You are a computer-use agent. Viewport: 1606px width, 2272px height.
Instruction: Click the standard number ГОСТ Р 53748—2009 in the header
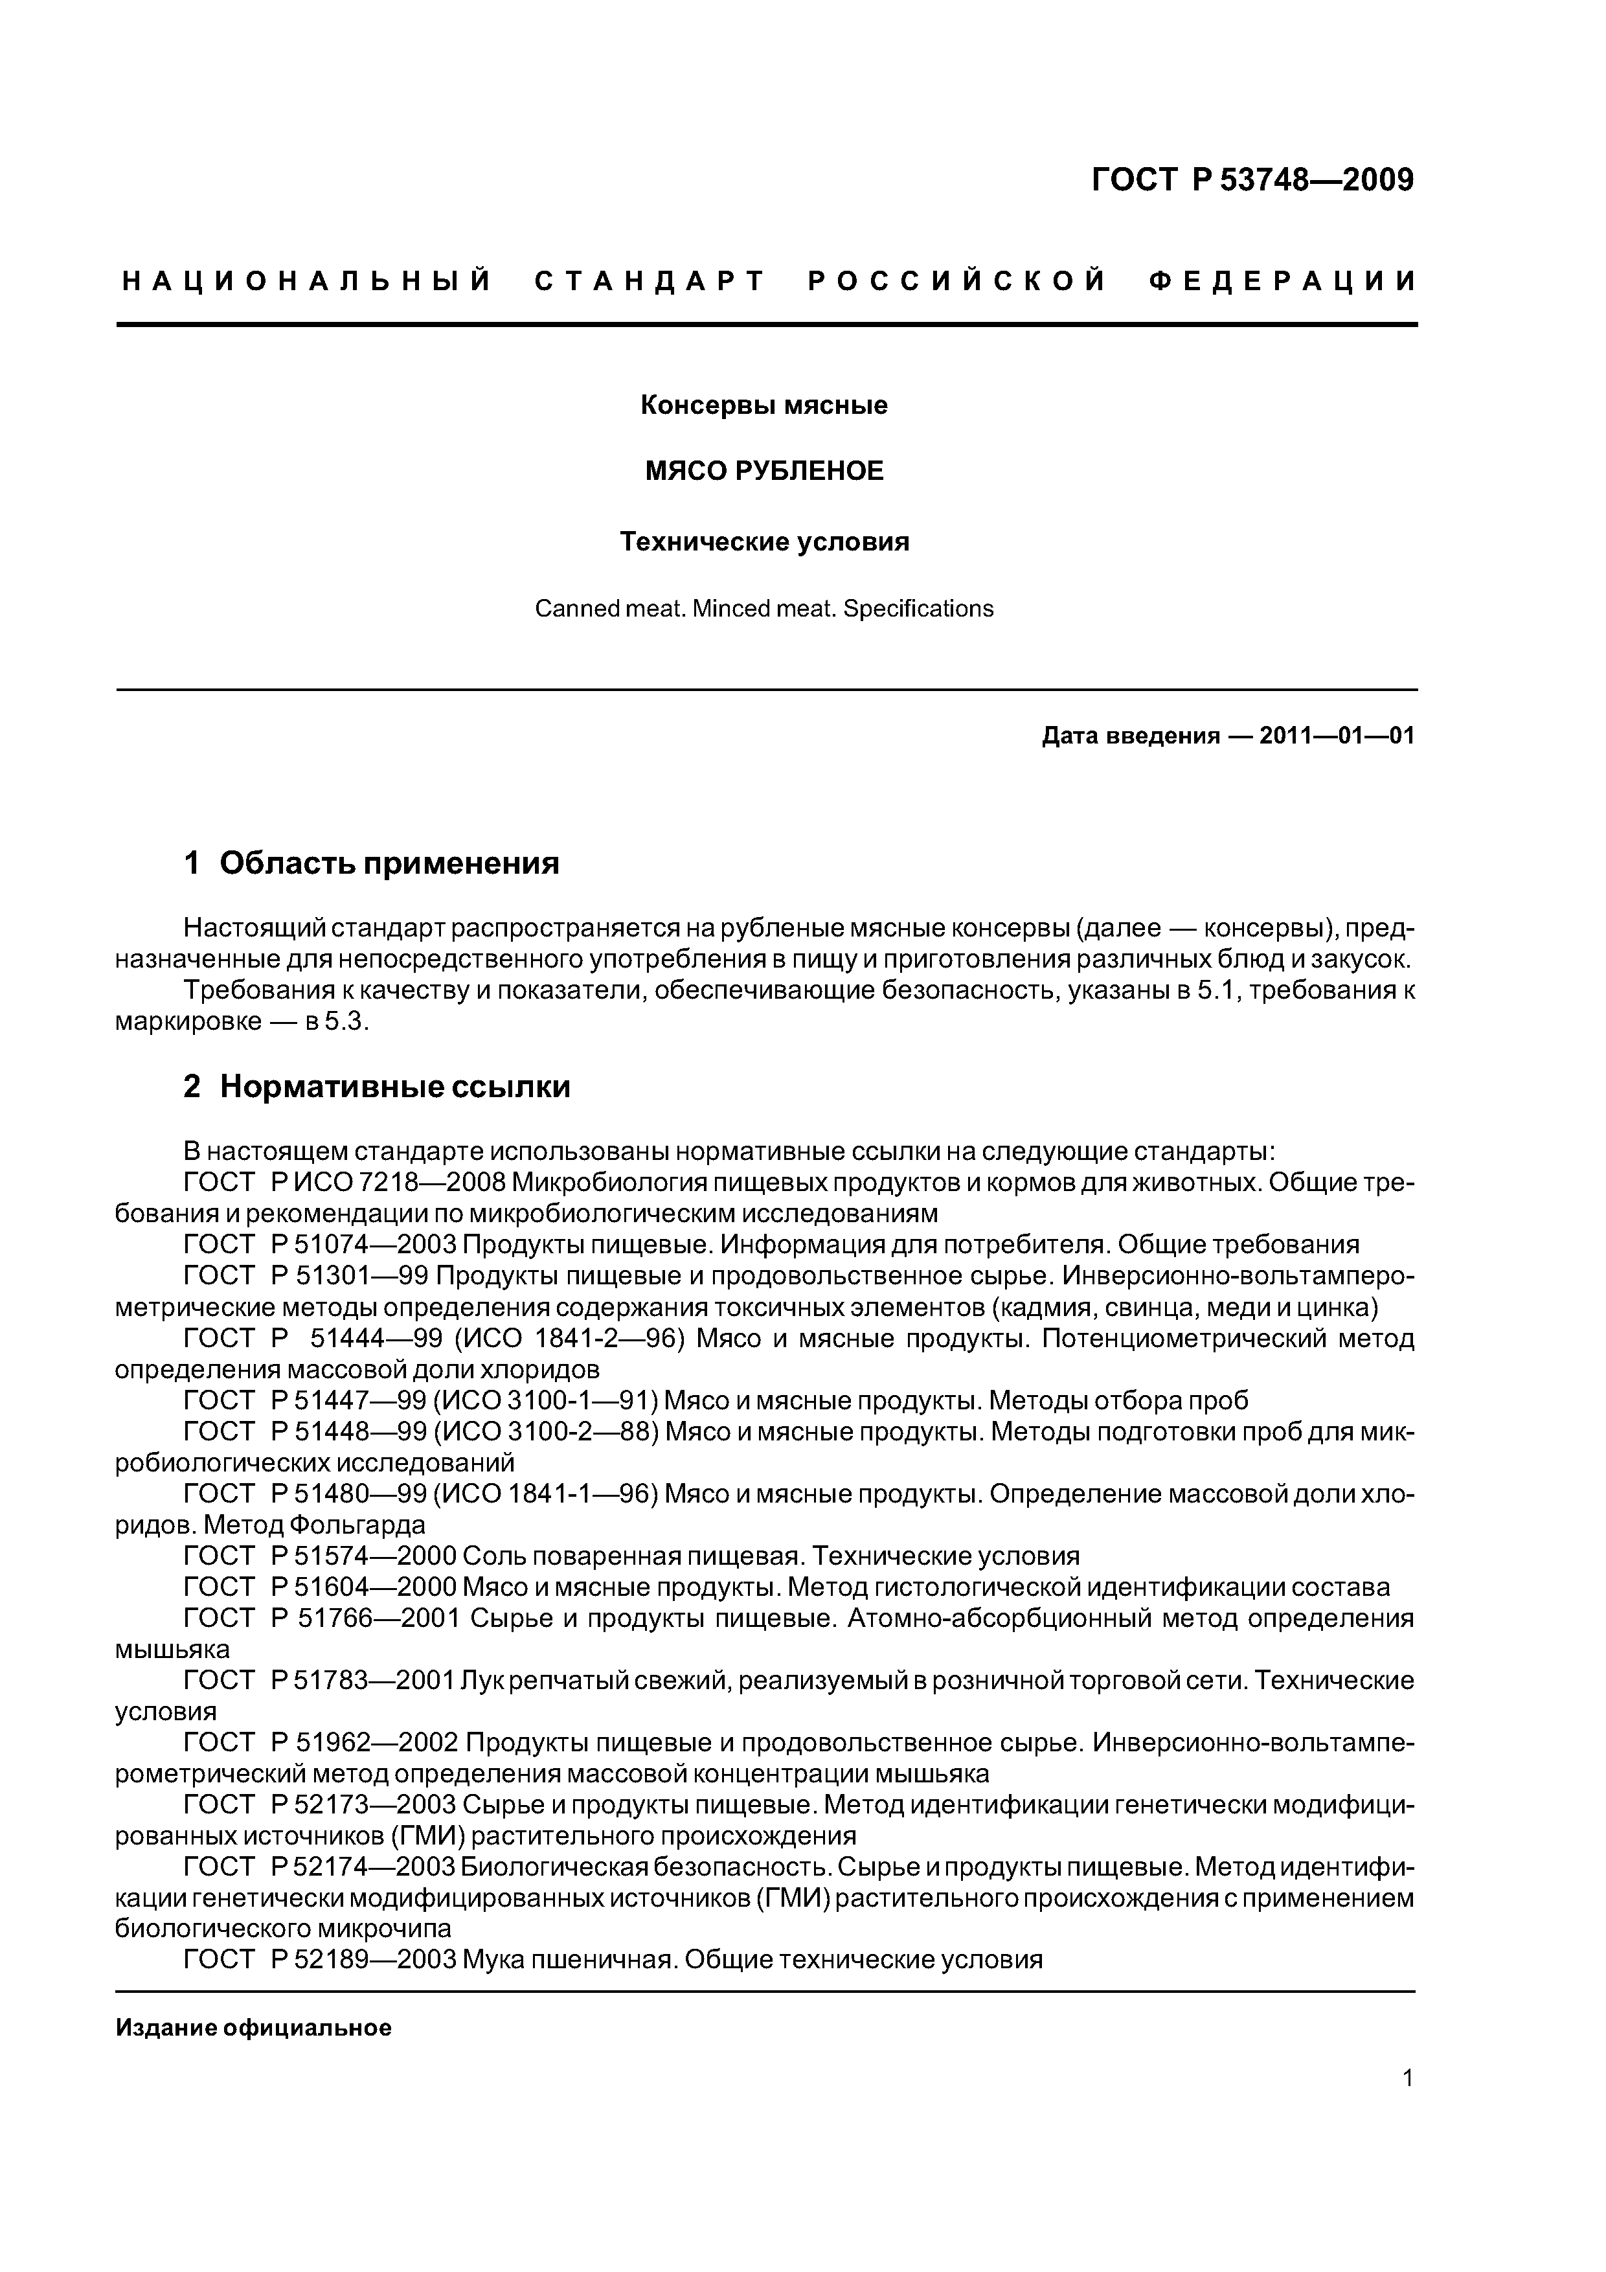[x=1252, y=180]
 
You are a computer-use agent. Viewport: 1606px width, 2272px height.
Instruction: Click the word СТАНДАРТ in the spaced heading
[x=650, y=282]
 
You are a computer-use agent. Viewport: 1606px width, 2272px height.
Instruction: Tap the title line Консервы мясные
[x=764, y=405]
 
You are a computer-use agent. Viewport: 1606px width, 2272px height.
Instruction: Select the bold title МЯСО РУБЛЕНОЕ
[x=764, y=471]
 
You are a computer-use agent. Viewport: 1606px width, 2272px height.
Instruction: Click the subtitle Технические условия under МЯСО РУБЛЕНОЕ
[x=764, y=542]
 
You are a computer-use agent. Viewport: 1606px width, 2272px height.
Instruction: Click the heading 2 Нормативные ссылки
[x=376, y=1087]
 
